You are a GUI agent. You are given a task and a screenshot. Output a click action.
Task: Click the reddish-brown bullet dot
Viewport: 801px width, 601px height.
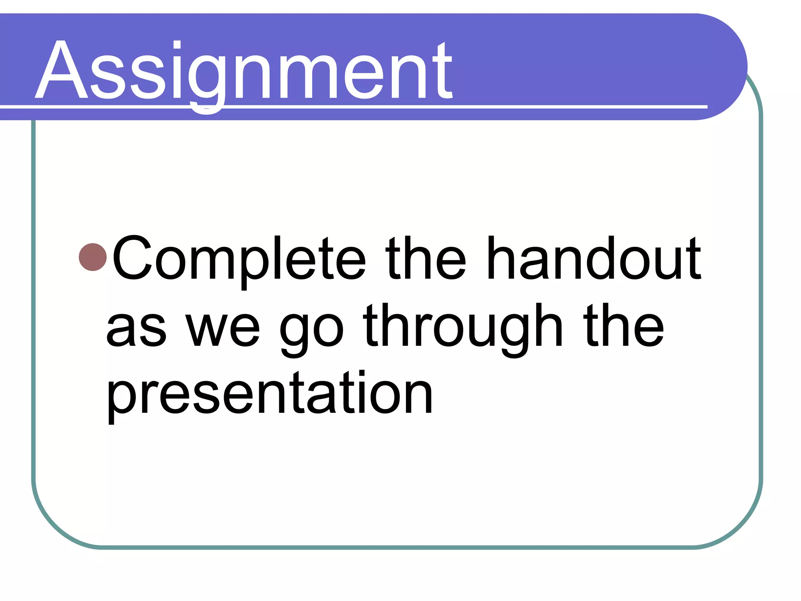click(93, 257)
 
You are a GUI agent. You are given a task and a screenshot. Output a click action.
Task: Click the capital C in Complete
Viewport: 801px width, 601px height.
click(132, 258)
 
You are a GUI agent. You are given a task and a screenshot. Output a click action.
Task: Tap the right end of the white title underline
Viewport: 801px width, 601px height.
click(706, 106)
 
